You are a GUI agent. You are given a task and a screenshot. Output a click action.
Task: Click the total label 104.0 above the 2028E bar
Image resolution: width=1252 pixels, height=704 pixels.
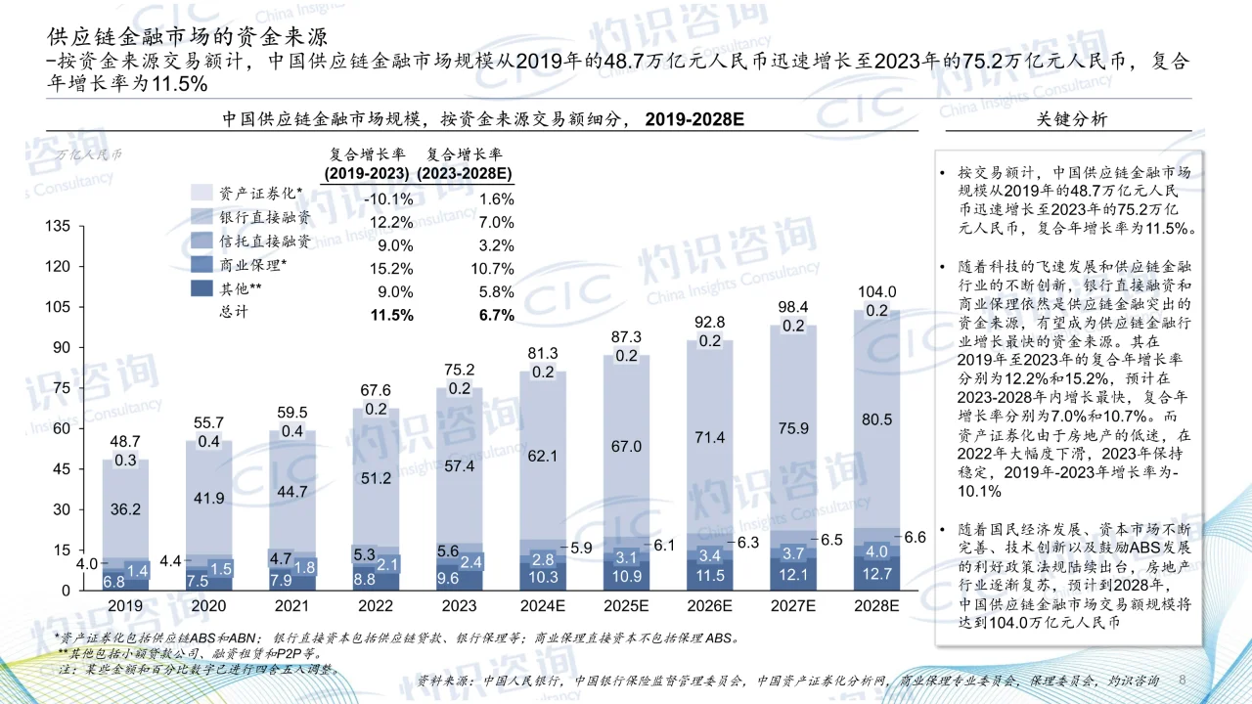coord(875,291)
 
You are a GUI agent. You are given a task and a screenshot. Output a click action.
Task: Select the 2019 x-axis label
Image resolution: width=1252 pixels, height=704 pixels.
coord(125,606)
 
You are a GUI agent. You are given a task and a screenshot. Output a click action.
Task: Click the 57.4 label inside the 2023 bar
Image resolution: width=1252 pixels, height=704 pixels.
coord(460,466)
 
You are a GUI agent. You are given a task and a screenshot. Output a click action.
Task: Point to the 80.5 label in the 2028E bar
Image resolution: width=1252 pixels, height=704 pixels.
coord(875,418)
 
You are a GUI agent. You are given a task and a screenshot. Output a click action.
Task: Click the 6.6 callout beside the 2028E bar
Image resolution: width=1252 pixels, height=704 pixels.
coord(914,537)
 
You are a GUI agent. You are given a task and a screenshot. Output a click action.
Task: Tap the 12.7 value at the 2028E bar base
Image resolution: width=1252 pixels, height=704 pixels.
coord(875,574)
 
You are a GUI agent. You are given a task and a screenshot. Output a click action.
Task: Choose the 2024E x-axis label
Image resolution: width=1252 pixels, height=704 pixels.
coord(543,606)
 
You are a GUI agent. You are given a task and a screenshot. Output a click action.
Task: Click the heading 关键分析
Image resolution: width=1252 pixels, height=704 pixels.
coord(1072,119)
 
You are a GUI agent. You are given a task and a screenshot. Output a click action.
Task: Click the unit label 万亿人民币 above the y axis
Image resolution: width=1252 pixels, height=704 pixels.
coord(89,154)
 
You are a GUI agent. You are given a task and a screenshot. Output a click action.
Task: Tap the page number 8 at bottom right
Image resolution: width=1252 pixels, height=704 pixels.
coord(1183,680)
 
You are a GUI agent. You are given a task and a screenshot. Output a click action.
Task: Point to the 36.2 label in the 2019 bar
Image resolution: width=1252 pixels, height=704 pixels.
coord(125,508)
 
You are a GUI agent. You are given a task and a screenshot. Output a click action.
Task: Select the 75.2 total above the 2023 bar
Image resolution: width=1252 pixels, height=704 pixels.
coord(460,370)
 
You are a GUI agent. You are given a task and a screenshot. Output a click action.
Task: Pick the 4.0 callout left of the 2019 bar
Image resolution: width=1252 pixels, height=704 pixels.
coord(86,563)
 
